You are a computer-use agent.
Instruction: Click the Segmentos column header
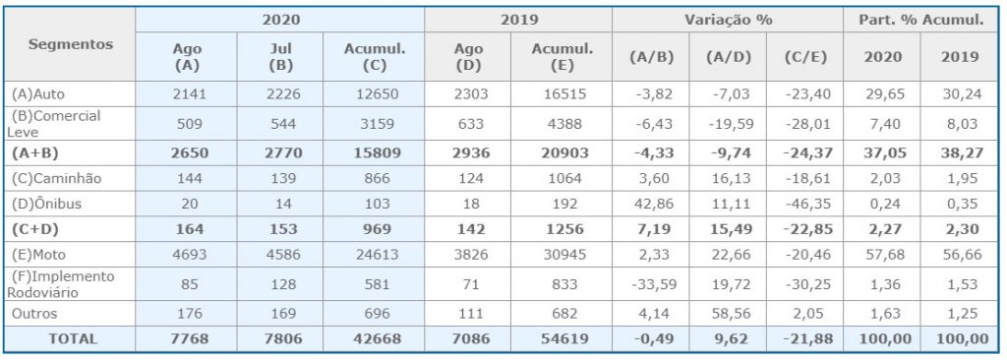[x=71, y=44]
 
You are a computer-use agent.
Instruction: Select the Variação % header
[x=727, y=20]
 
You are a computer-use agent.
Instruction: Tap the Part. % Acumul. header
[x=921, y=20]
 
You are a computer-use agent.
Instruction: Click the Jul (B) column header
[x=279, y=57]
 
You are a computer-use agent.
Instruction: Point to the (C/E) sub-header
[x=804, y=57]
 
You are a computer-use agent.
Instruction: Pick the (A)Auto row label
[x=38, y=93]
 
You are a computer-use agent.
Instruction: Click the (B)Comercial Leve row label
[x=54, y=123]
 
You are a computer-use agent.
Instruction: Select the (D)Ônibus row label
[x=45, y=204]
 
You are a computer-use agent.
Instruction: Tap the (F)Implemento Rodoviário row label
[x=60, y=284]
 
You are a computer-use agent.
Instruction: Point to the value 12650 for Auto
[x=373, y=93]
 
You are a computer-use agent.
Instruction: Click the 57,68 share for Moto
[x=881, y=255]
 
